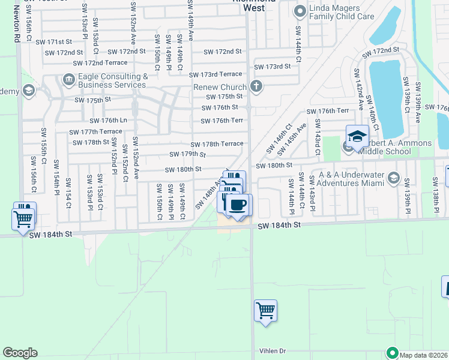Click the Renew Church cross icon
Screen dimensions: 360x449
(256, 86)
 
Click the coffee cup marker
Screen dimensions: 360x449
(238, 205)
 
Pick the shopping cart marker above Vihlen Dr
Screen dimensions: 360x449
(265, 311)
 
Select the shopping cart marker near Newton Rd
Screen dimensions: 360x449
(23, 219)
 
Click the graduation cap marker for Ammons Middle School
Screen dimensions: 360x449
(357, 136)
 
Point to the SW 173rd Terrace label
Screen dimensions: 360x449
(217, 74)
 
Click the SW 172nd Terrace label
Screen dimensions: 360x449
(100, 62)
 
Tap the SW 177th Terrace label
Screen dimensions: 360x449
(95, 131)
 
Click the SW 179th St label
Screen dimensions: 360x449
(187, 154)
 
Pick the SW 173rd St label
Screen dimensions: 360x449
(273, 67)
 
